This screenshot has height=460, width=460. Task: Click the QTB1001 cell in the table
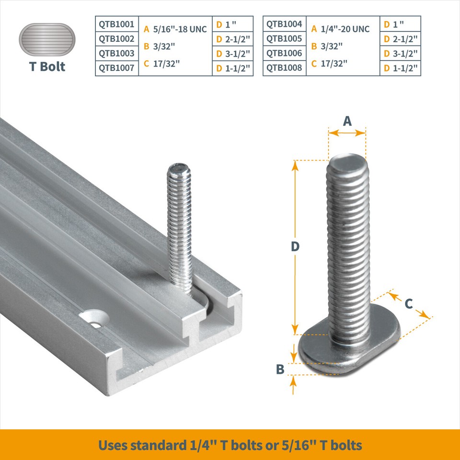[117, 23]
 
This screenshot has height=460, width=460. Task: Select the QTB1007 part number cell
[117, 68]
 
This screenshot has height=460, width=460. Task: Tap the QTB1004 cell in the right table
[284, 23]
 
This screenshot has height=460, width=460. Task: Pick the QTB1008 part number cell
[284, 68]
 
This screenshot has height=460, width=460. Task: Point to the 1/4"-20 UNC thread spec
[345, 29]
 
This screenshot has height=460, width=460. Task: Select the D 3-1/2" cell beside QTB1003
[232, 53]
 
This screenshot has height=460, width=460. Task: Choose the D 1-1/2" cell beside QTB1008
[400, 68]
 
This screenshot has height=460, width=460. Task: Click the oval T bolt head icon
[47, 39]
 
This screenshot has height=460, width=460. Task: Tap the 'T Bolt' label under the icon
[47, 66]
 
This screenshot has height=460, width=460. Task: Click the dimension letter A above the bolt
[347, 121]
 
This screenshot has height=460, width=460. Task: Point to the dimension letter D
[295, 246]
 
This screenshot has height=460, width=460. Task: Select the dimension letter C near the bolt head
[409, 303]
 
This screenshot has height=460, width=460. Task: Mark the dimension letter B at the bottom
[280, 369]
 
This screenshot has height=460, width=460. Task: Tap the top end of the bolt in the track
[179, 169]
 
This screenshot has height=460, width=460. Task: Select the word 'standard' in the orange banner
[159, 445]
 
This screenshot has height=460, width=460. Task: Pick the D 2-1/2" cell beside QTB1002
[232, 38]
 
